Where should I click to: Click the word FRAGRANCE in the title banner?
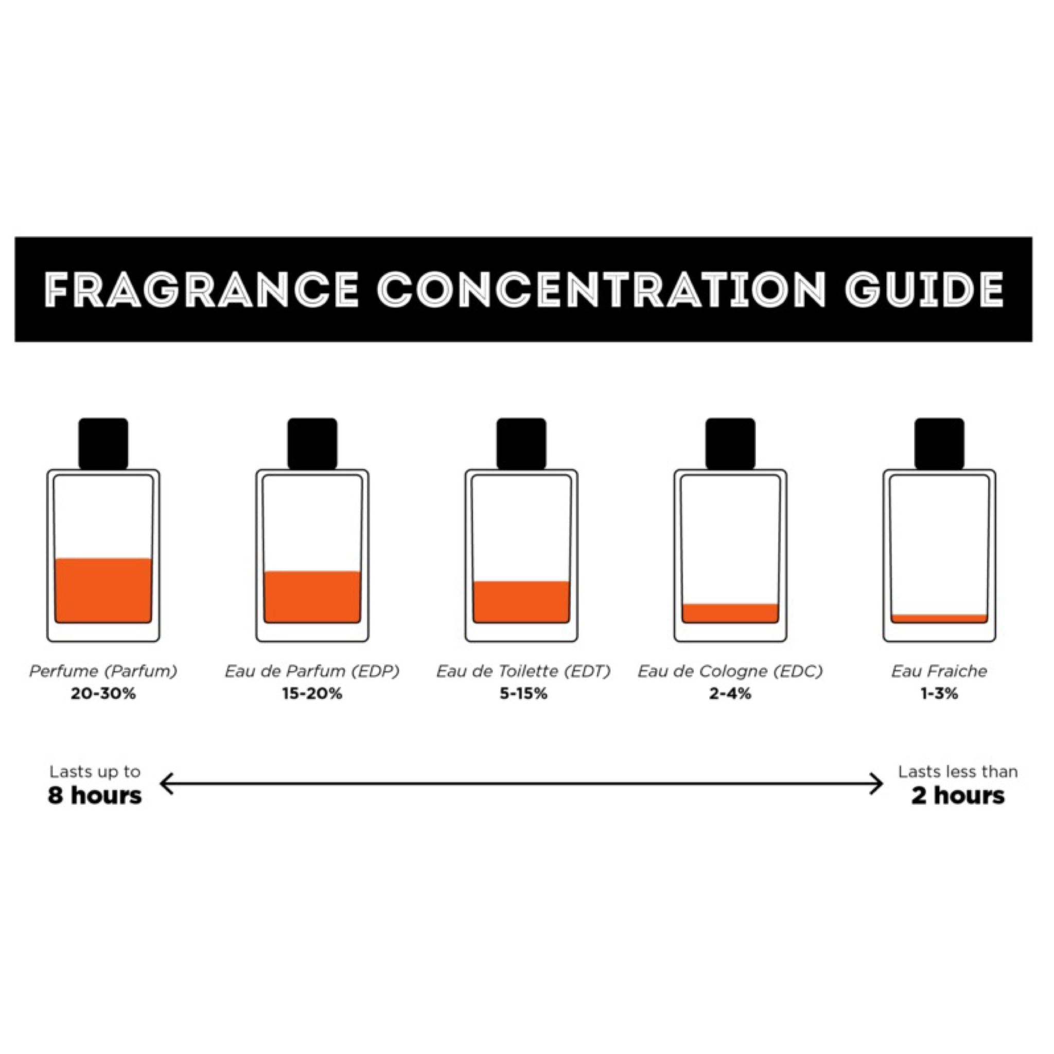(201, 290)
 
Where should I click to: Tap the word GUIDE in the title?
(925, 290)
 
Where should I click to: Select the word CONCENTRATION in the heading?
(601, 290)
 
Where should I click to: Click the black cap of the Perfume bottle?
(103, 444)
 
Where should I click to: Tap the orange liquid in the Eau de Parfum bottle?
(312, 598)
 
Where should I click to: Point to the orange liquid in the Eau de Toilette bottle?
(521, 602)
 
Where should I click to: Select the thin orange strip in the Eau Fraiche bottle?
(939, 619)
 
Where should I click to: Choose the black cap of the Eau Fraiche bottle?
(939, 444)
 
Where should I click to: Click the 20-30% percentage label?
(103, 694)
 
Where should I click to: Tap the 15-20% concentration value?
(312, 694)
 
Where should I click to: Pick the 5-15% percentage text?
(523, 694)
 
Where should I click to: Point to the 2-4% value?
(730, 694)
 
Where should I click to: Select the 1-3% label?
(939, 694)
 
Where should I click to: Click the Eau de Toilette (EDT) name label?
(523, 672)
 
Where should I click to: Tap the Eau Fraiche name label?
(939, 672)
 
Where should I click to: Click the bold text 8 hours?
(95, 796)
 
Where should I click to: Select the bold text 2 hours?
(958, 796)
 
